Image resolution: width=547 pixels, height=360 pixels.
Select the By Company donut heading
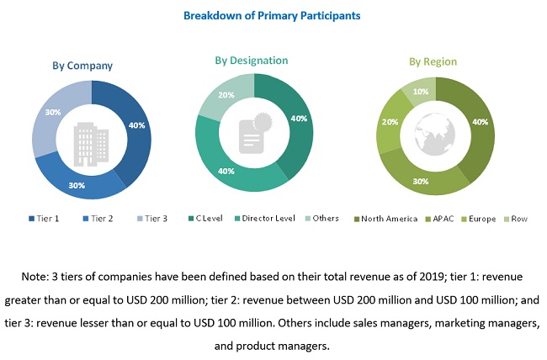tap(82, 65)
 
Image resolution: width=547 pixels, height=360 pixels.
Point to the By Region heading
tap(432, 61)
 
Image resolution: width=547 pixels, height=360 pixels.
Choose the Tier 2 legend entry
tap(97, 219)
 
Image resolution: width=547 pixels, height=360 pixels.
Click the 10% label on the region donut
tap(421, 91)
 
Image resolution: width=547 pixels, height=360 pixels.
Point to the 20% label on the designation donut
tap(226, 95)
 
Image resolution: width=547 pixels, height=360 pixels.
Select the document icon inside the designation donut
tap(253, 131)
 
